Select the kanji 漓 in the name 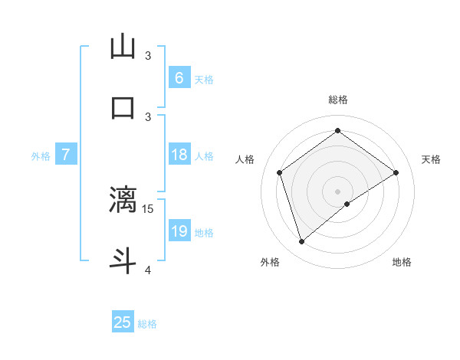123,199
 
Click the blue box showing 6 179,77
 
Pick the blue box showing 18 179,155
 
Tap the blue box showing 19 179,231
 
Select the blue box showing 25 123,322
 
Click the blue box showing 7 66,155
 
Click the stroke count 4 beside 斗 148,270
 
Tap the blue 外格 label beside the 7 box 41,155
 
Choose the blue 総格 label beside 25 147,323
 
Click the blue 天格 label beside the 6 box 204,78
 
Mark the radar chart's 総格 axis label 337,100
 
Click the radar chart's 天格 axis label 431,159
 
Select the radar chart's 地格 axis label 402,262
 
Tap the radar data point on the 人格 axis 280,172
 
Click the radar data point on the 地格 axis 347,204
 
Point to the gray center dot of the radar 337,190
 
